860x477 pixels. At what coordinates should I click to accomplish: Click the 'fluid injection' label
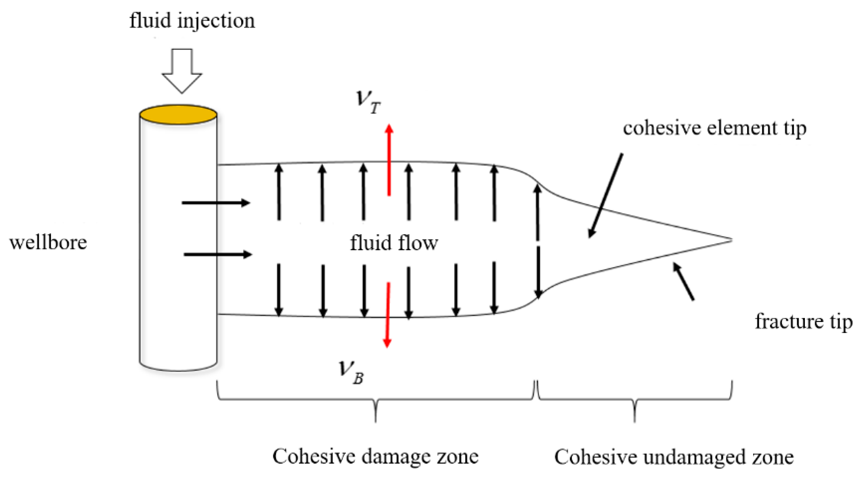192,21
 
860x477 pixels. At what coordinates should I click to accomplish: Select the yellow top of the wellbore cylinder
178,114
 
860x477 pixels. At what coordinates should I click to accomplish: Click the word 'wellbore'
48,243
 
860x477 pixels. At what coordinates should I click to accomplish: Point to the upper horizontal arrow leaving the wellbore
216,203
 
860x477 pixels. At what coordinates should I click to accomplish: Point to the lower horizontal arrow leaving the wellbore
217,255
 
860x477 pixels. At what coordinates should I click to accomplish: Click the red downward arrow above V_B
388,315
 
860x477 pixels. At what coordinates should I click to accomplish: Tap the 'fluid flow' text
394,243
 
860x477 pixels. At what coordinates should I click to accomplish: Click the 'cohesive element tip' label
714,128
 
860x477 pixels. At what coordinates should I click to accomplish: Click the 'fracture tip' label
803,321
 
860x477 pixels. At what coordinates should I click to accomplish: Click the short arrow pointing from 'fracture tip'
683,281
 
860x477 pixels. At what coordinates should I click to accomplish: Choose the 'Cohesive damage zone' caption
375,456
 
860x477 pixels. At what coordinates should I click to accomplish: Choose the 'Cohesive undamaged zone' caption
674,457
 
